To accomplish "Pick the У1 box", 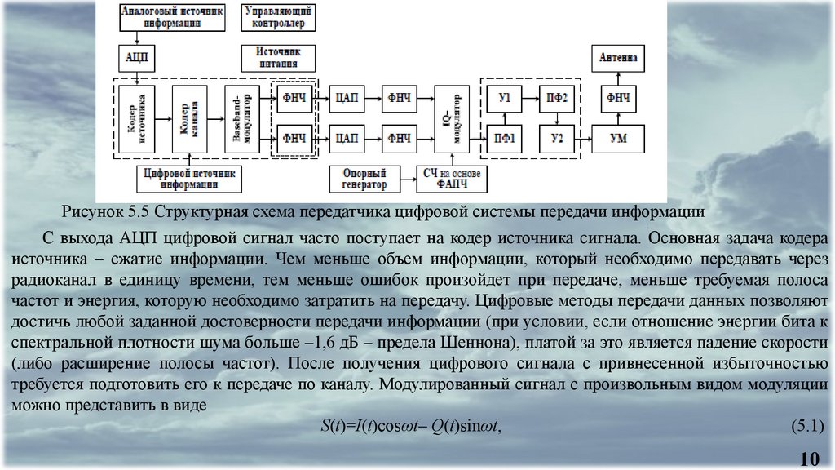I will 505,98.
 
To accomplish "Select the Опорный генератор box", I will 364,179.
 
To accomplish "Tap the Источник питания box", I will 277,57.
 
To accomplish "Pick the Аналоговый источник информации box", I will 171,18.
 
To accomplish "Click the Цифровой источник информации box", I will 188,179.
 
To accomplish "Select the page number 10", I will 810,457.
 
